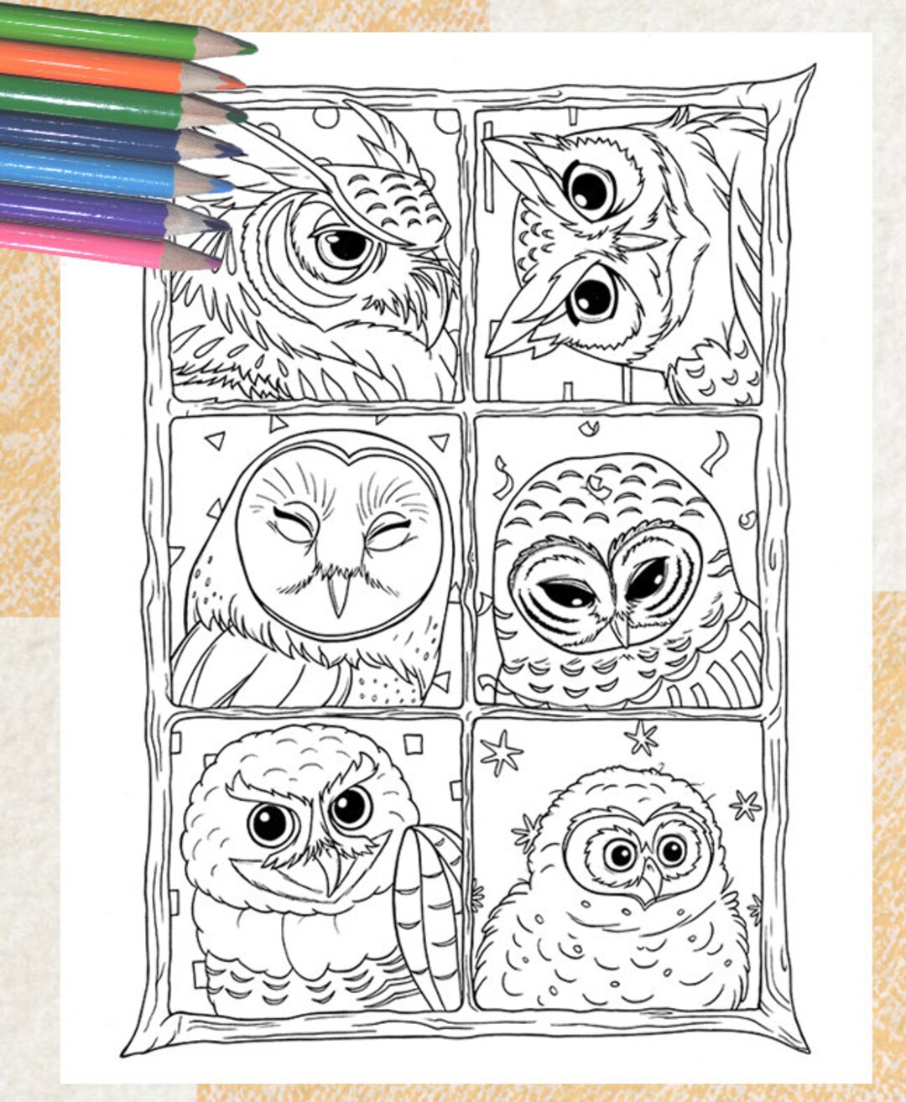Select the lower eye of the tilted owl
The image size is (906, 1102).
tap(594, 296)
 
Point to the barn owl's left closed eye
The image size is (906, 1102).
tap(295, 527)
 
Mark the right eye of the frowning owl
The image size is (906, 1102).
tap(350, 807)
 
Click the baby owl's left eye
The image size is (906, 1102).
tap(620, 855)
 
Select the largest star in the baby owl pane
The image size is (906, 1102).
tap(501, 752)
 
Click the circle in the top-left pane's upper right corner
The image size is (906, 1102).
tap(447, 121)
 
